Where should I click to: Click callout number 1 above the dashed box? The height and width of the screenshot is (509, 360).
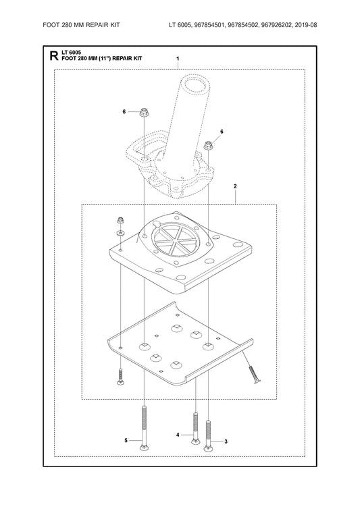(178, 59)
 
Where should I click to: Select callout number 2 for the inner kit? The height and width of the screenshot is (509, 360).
(235, 186)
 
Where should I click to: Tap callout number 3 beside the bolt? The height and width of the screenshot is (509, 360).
(226, 441)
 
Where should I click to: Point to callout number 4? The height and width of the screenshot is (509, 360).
(178, 435)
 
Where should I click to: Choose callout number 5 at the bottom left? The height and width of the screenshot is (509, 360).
(126, 441)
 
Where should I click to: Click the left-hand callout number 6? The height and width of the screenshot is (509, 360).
(124, 111)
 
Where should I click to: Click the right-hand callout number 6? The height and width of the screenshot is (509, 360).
(222, 132)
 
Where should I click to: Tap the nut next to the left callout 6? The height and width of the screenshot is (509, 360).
(144, 112)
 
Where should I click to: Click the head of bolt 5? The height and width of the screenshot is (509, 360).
(145, 448)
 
